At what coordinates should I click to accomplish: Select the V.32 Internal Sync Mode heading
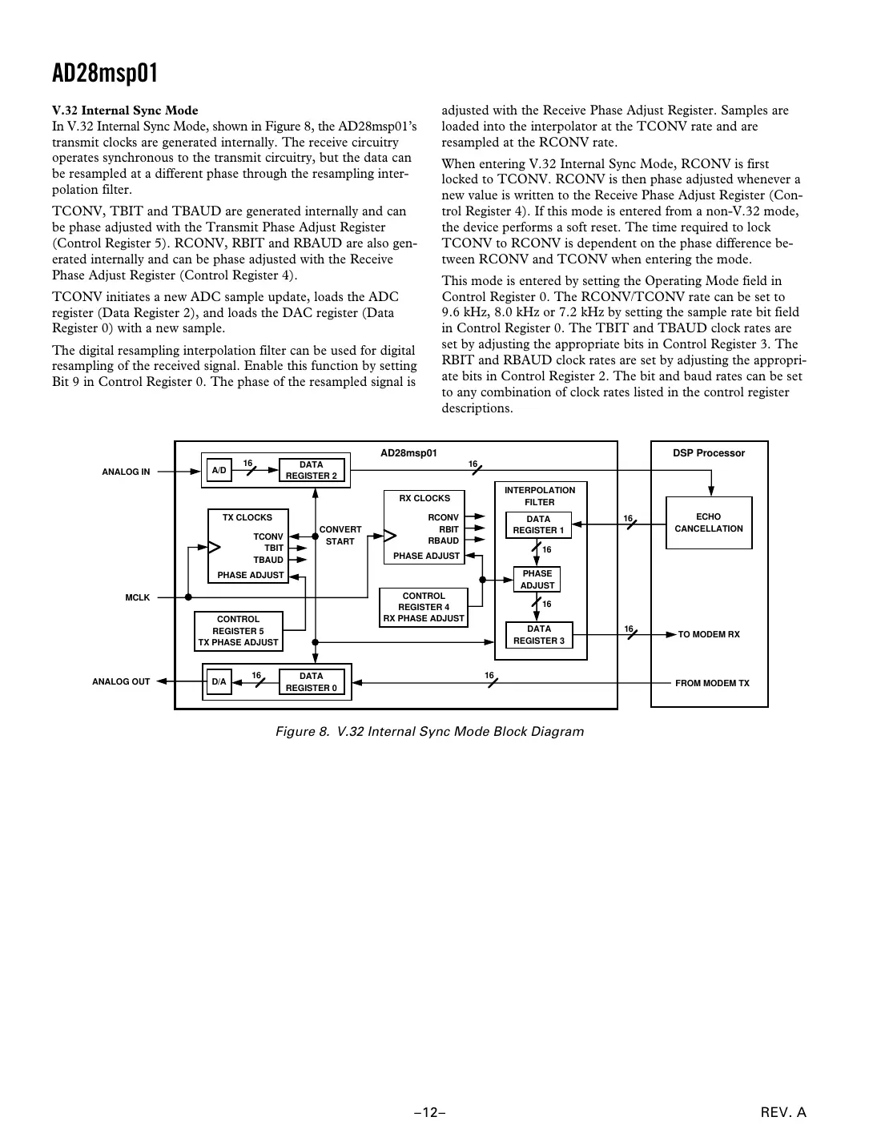[x=125, y=110]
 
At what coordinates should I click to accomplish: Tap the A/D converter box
[x=219, y=471]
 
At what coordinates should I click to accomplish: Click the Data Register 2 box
[x=312, y=470]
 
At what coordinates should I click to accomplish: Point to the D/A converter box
[x=219, y=682]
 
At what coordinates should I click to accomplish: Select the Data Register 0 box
[x=312, y=682]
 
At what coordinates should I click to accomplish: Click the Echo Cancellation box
[x=709, y=523]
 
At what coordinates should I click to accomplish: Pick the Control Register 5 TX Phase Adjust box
[x=239, y=631]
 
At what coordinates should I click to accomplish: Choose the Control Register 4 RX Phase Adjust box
[x=424, y=607]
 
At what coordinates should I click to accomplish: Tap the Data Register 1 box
[x=538, y=524]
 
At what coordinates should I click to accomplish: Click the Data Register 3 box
[x=538, y=635]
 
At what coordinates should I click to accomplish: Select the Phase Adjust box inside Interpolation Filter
[x=537, y=580]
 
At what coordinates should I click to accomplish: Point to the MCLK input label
[x=138, y=597]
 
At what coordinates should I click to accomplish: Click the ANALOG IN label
[x=126, y=472]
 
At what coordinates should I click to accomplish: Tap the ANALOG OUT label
[x=121, y=682]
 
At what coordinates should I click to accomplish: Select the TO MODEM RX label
[x=709, y=634]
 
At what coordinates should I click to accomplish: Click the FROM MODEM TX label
[x=712, y=683]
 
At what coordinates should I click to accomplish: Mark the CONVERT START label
[x=340, y=536]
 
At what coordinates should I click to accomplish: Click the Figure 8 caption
[x=429, y=731]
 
